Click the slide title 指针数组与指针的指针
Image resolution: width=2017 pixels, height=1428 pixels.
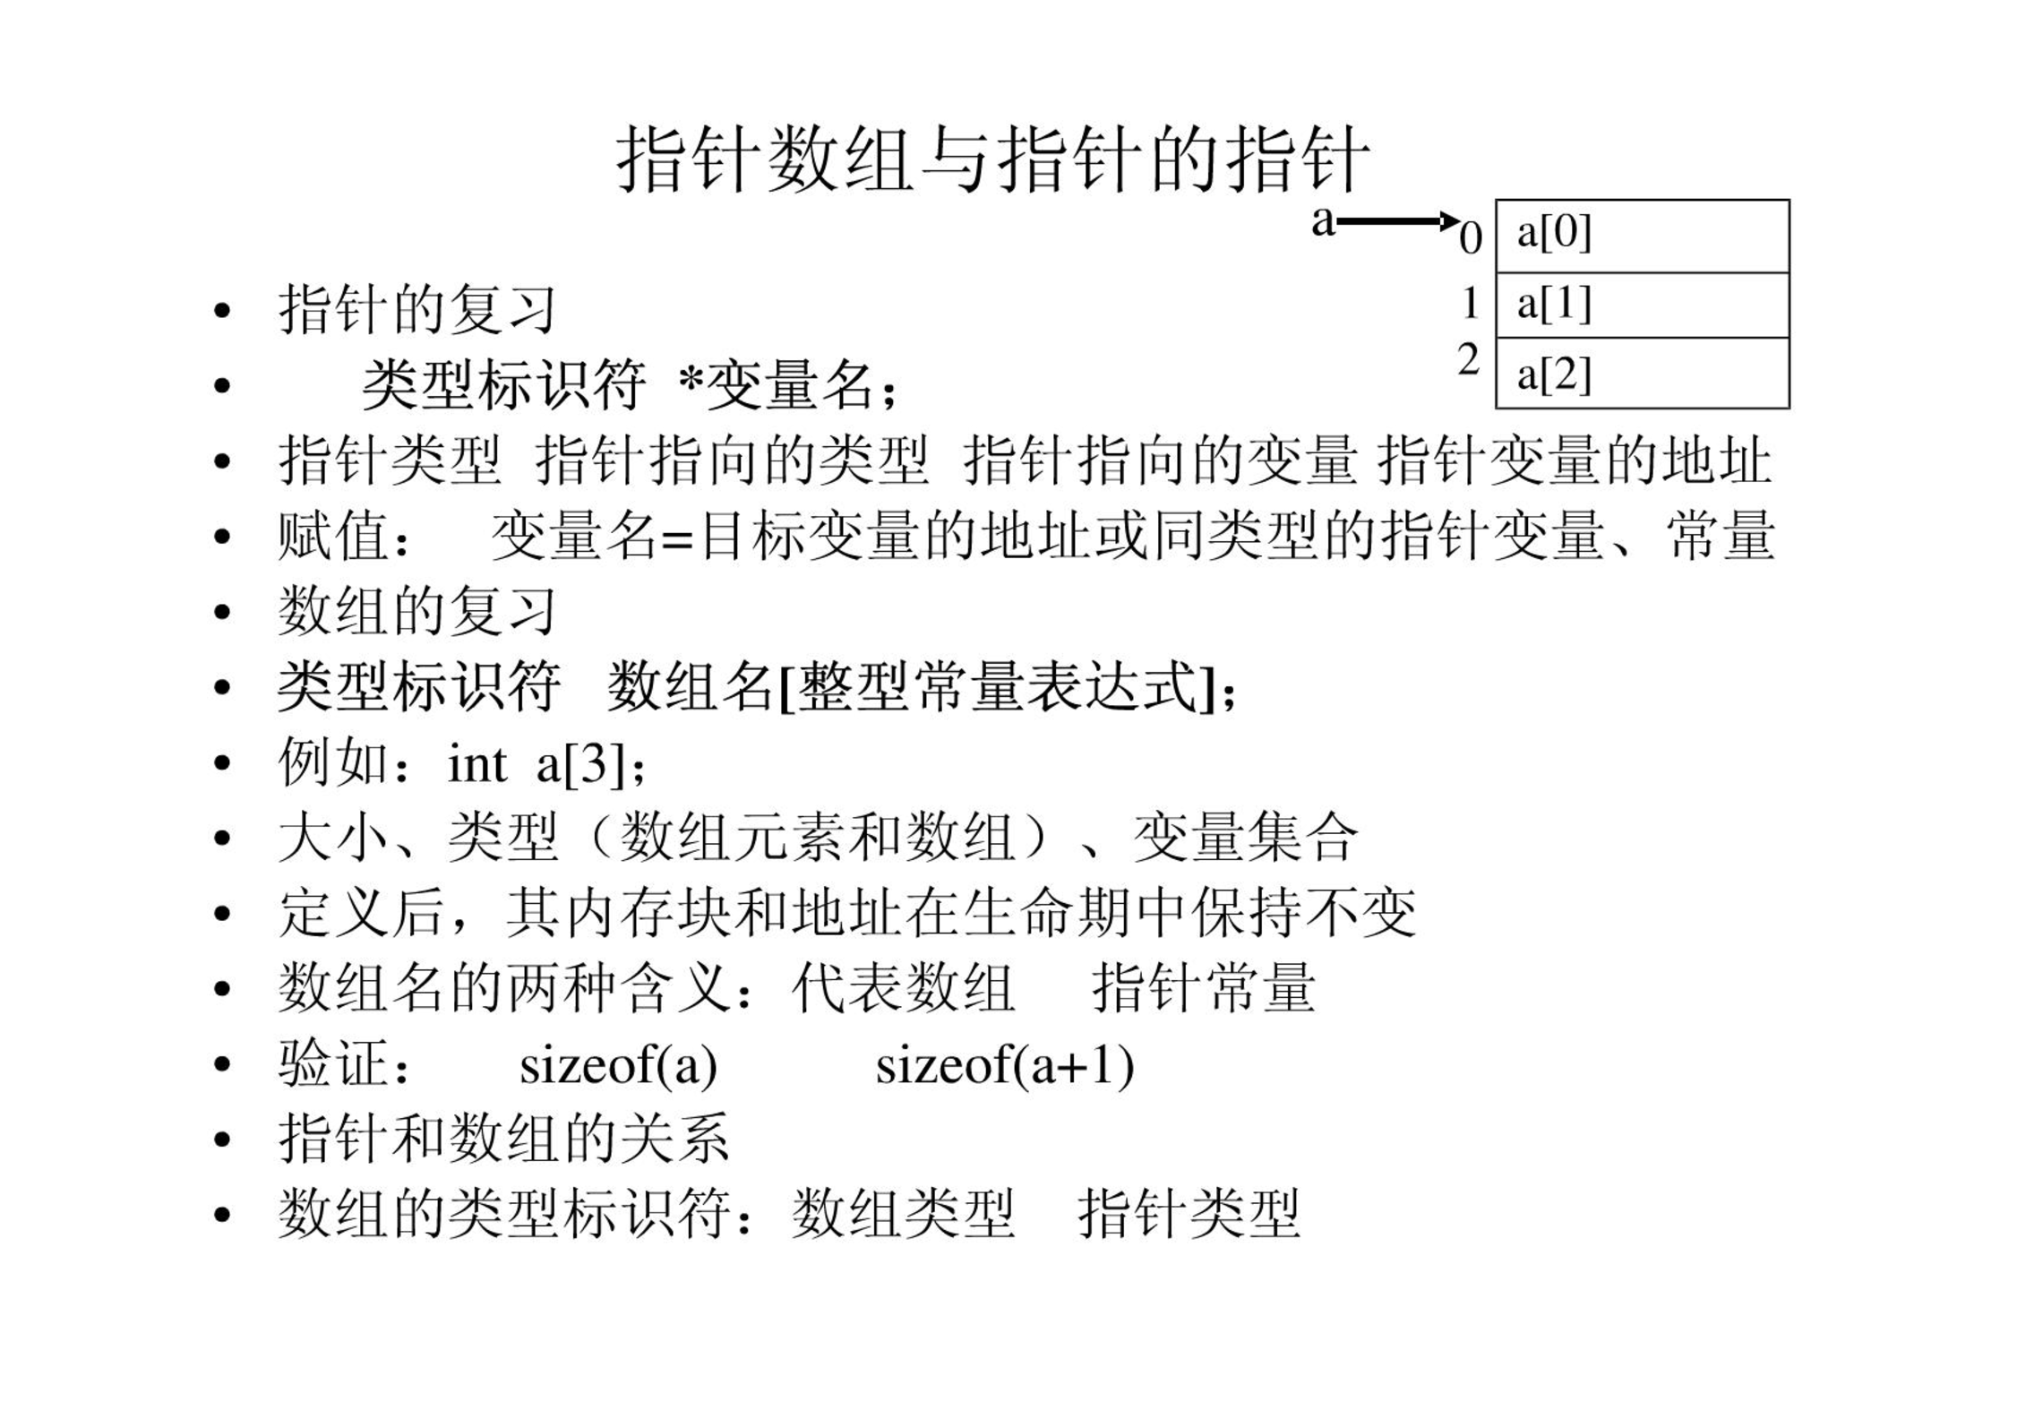992,159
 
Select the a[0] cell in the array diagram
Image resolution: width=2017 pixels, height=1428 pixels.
1643,237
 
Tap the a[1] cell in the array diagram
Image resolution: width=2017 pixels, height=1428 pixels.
1643,305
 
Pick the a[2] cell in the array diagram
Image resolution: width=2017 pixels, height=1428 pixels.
1643,373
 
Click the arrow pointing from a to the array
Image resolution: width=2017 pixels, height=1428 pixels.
1398,220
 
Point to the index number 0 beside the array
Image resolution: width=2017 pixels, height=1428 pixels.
1471,238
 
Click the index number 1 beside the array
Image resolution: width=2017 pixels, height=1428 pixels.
1470,303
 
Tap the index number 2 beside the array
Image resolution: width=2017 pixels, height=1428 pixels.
1469,359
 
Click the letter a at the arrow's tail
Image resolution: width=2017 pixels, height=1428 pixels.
1323,221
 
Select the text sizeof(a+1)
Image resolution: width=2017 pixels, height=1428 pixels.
1005,1066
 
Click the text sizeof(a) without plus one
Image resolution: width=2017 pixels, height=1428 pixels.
618,1066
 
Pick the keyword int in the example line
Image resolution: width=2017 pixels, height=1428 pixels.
476,764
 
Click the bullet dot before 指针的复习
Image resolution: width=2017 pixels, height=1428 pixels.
222,312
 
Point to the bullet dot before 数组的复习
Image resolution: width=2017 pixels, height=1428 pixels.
222,614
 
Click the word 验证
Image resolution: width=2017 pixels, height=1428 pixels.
333,1063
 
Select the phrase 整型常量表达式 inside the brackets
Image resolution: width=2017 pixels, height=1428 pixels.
998,687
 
